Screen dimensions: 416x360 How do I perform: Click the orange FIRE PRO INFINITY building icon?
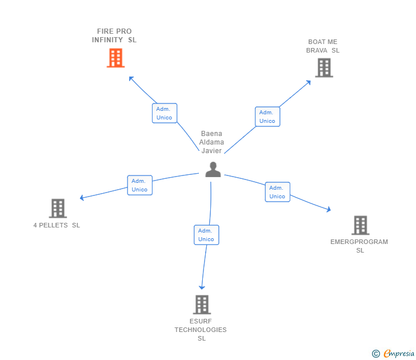pos(115,58)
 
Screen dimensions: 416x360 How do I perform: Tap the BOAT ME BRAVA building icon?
pos(324,68)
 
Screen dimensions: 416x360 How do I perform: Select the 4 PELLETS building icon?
pos(58,209)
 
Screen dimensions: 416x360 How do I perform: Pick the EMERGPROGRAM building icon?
pos(360,225)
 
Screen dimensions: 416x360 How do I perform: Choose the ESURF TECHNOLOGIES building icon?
pos(202,305)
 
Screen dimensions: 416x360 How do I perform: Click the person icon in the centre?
pos(213,169)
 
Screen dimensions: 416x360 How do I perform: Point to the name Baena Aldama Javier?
pos(211,142)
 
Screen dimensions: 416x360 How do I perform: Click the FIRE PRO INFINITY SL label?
pos(114,35)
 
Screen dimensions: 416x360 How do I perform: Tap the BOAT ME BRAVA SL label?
pos(323,46)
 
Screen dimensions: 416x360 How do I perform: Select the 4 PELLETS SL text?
pos(57,225)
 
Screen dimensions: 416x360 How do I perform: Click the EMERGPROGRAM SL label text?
pos(359,246)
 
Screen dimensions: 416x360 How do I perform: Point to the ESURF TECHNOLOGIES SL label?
pos(201,330)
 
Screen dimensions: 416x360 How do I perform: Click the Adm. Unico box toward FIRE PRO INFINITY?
pos(165,113)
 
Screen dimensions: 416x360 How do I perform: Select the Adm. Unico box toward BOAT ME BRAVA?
pos(267,117)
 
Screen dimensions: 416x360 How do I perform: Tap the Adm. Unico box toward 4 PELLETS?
pos(139,185)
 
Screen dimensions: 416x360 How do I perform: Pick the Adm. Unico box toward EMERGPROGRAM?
pos(277,192)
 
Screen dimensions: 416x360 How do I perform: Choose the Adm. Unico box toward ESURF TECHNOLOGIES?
pos(206,235)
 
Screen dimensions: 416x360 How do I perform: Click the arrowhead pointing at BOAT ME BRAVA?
pos(308,82)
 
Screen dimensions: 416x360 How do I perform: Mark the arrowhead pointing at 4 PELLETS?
pos(82,198)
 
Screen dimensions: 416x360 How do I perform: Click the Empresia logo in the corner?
pos(394,354)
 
